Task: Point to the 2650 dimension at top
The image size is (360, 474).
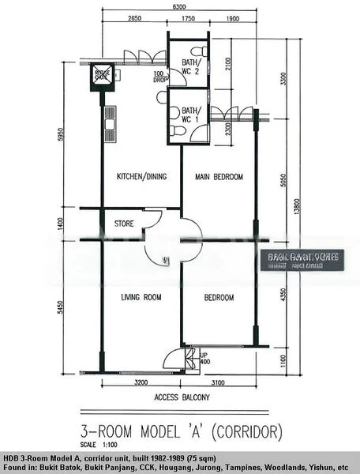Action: (134, 17)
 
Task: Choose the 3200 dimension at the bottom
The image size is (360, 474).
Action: (141, 382)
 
